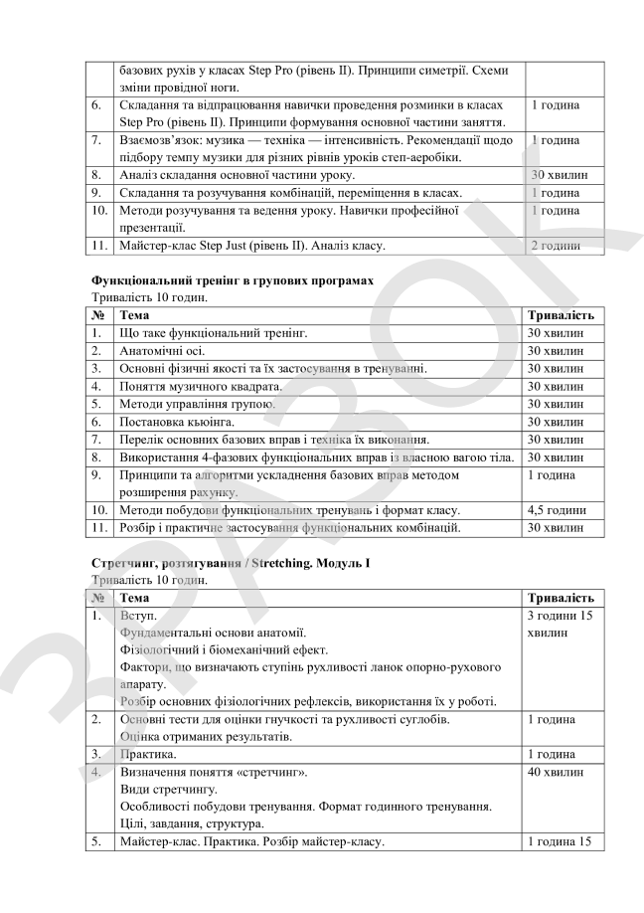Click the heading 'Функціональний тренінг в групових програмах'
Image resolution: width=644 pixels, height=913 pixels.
[x=232, y=280]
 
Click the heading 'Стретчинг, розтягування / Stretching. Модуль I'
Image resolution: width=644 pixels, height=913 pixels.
[x=230, y=563]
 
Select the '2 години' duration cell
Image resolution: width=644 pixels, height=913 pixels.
[x=556, y=245]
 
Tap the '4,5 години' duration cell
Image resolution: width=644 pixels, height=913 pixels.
[x=562, y=510]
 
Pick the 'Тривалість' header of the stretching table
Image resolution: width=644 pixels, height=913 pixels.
[x=561, y=598]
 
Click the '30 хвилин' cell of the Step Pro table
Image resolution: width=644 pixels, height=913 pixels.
[x=560, y=174]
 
